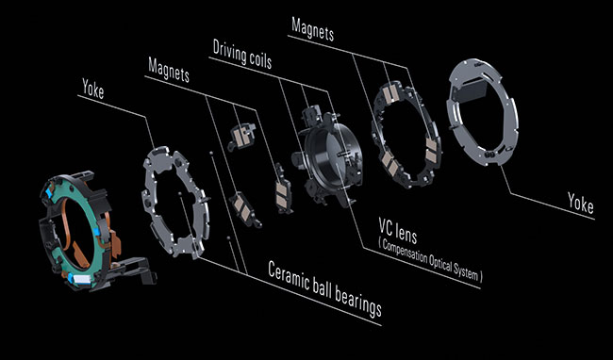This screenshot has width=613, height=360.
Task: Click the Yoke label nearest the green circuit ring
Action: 93,89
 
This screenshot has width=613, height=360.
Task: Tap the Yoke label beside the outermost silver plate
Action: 581,203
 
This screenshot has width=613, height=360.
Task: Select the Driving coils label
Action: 242,55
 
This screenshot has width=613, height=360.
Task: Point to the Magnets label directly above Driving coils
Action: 313,29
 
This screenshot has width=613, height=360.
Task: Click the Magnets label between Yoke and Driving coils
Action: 169,70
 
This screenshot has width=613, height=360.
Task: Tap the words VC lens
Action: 398,230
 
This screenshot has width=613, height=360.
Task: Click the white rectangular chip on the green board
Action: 83,279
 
